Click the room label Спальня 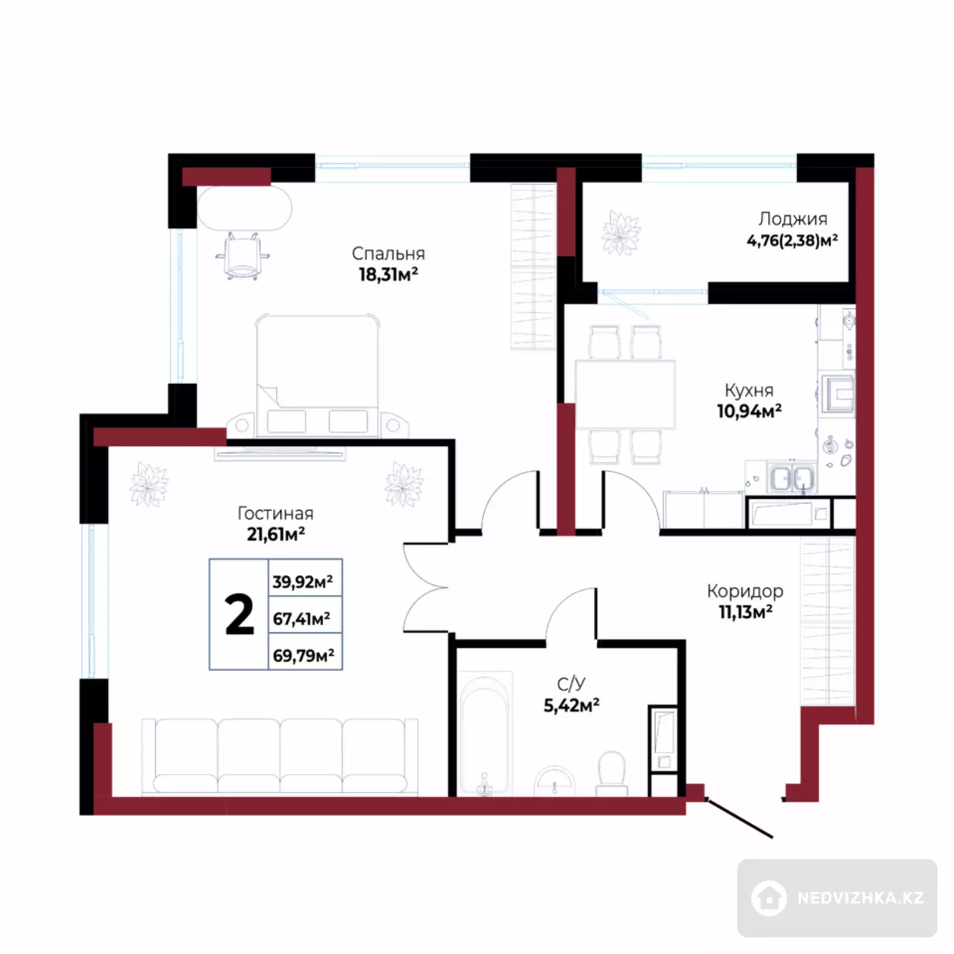tap(388, 254)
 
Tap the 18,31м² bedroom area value tap(388, 274)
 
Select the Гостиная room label tap(275, 513)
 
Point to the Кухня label tap(749, 391)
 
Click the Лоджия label tap(793, 219)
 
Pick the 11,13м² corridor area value tap(745, 612)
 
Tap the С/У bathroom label tap(571, 684)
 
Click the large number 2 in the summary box tap(239, 614)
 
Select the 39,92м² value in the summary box tap(303, 581)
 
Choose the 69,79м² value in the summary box tap(303, 655)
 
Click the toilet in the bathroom tap(611, 773)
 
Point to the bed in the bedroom tap(317, 376)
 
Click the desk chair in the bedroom tap(242, 256)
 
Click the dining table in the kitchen tap(625, 394)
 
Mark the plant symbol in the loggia tap(621, 233)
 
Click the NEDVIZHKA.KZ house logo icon tap(769, 898)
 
